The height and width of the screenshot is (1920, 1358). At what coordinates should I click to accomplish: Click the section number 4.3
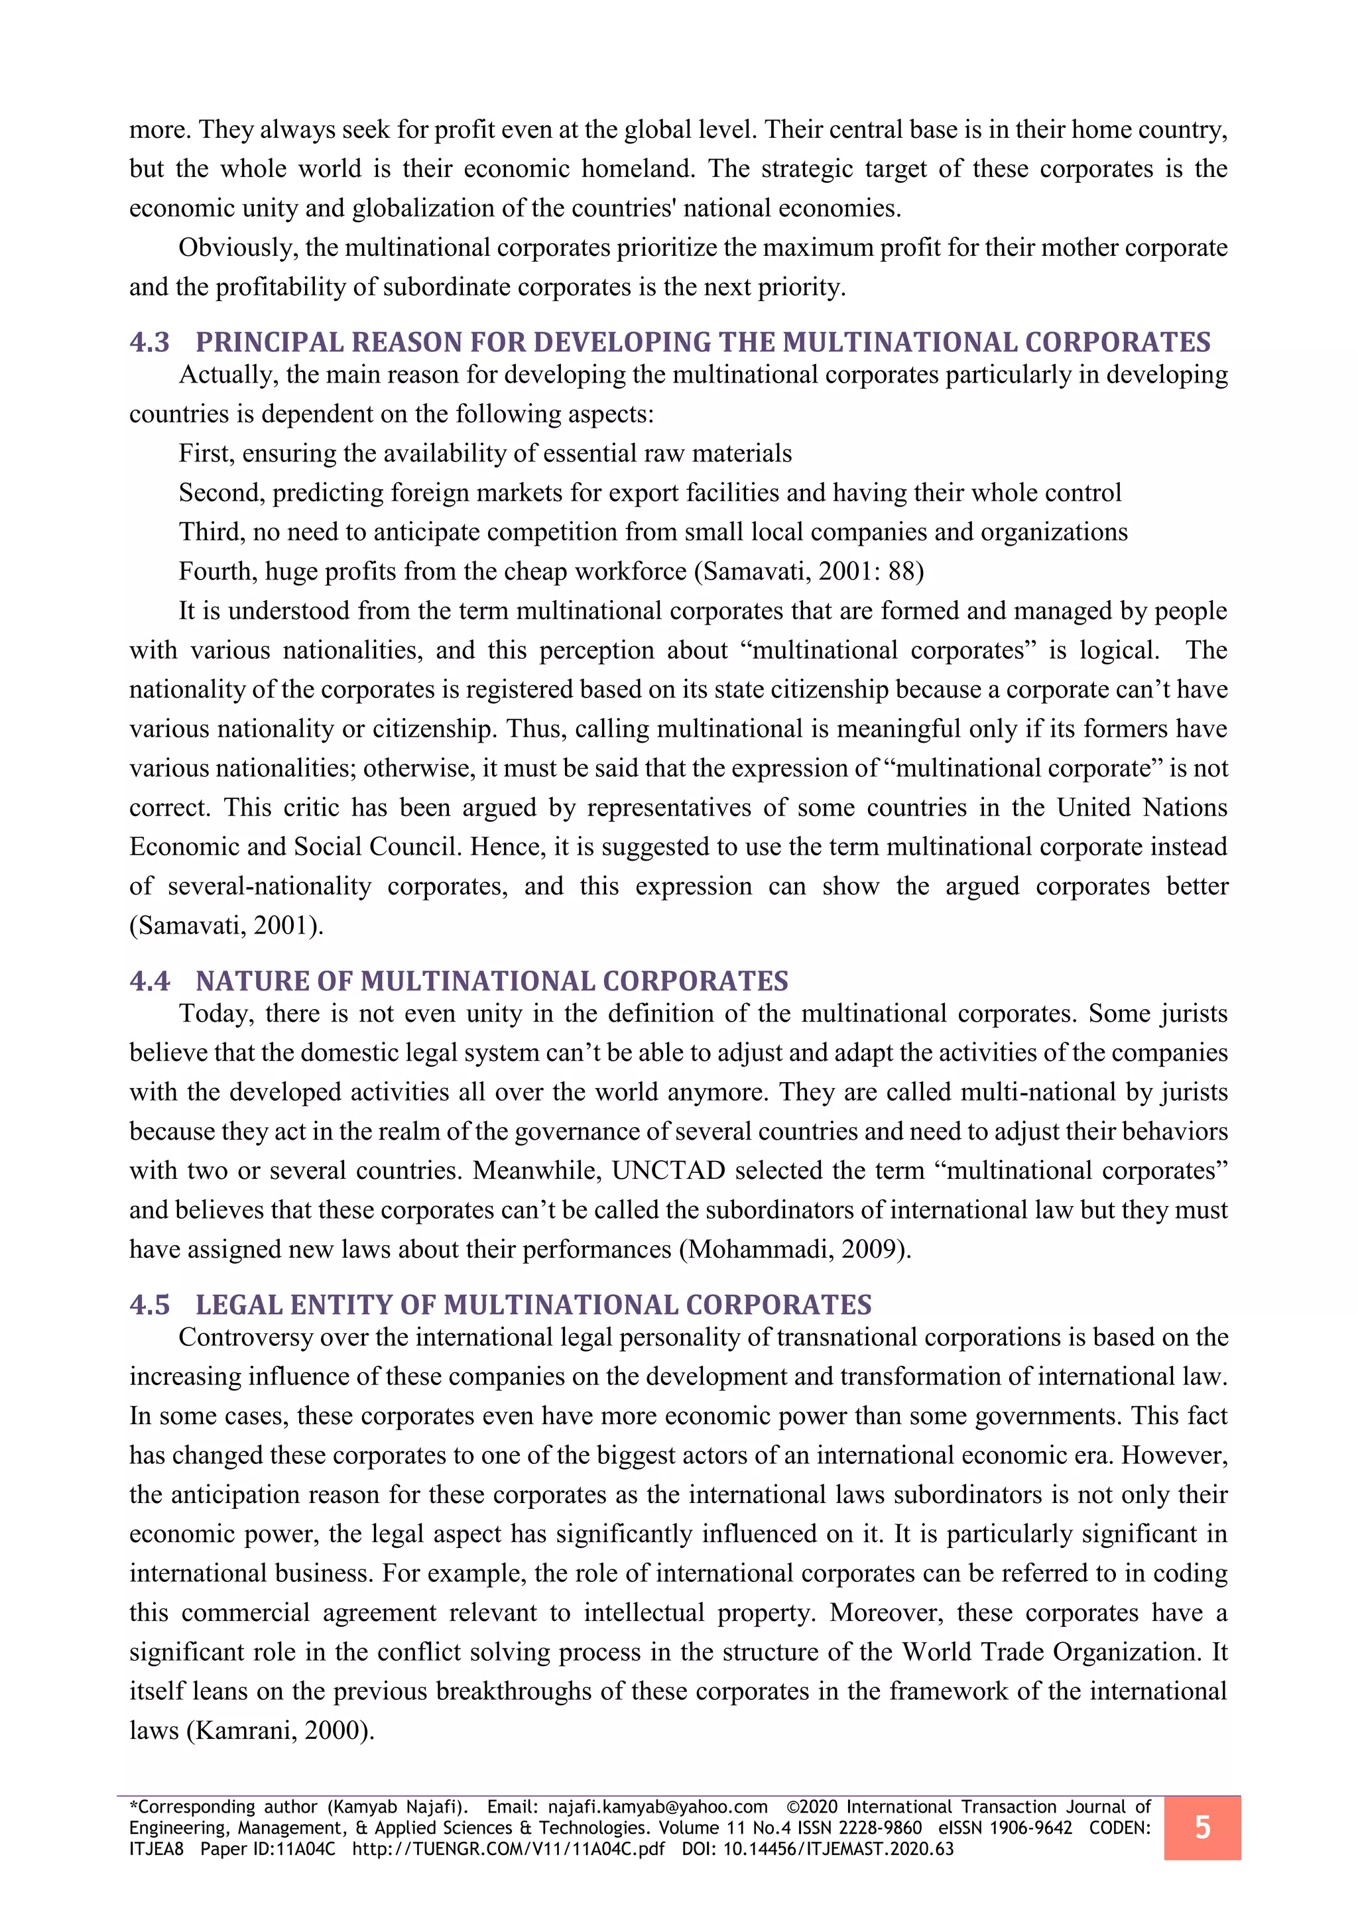(x=150, y=342)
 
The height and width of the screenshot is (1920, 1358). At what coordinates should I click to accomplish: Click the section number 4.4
(x=150, y=981)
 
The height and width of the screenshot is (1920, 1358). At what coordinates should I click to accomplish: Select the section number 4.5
(x=150, y=1305)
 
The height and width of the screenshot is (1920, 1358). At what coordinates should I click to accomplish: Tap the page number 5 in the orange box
(x=1202, y=1827)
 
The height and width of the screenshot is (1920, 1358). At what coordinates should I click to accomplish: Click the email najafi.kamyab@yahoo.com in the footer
(x=657, y=1807)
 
